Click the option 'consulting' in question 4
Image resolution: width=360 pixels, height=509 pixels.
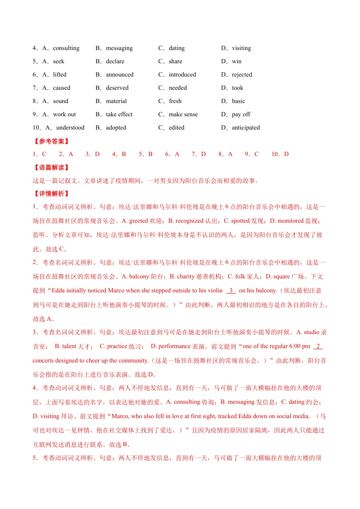click(66, 48)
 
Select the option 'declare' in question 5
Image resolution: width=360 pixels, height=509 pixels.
click(115, 61)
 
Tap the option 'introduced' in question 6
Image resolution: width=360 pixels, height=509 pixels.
click(182, 75)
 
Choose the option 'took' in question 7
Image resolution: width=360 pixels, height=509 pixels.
click(238, 88)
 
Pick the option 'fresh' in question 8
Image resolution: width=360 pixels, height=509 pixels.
click(175, 101)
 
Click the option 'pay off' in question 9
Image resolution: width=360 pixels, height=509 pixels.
click(241, 114)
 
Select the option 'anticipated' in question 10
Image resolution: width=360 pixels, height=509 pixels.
click(246, 128)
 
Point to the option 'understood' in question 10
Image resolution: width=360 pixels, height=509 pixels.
click(70, 128)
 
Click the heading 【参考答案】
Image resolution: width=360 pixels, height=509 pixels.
click(52, 141)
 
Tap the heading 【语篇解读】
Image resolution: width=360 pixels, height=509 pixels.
click(52, 167)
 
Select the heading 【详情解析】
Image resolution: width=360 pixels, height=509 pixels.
click(52, 194)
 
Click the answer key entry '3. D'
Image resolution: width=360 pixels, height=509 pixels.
click(92, 154)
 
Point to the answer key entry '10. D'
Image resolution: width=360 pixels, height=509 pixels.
click(280, 154)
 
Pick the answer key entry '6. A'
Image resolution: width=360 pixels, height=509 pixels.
click(172, 154)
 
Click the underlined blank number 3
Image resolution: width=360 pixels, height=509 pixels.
click(231, 290)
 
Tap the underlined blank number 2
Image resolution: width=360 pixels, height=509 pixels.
click(318, 346)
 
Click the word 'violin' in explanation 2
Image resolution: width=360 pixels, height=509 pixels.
click(215, 290)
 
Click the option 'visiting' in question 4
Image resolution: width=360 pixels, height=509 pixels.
click(241, 48)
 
